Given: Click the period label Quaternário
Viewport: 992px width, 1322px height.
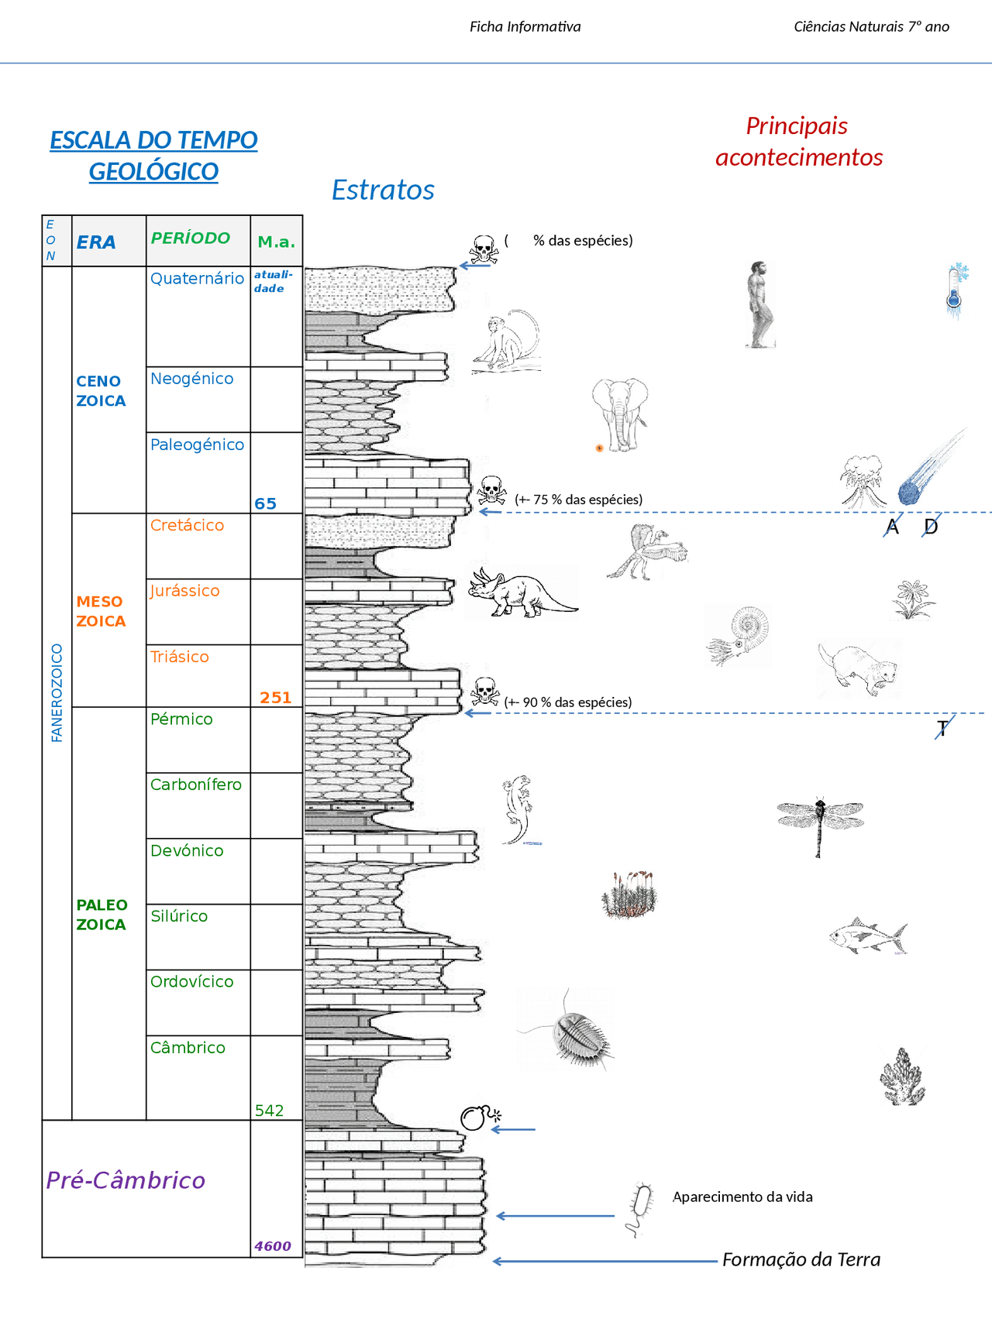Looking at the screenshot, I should tap(197, 279).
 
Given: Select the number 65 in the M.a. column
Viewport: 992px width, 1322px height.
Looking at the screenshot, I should tap(265, 503).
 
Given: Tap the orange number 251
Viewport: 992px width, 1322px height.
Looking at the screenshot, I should tap(275, 698).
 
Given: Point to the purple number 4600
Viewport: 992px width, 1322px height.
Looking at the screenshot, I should tap(273, 1246).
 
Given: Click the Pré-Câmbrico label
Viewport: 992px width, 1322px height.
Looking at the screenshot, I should tap(126, 1180).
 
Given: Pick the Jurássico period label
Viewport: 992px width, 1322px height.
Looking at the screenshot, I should tap(185, 591).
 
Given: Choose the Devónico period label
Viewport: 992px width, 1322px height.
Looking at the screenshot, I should tap(187, 850).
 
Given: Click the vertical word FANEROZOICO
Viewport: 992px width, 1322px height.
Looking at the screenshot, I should tap(57, 693).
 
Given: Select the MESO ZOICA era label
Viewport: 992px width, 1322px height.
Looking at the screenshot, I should tap(100, 611).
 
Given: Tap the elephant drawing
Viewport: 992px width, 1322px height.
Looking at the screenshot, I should tap(620, 414).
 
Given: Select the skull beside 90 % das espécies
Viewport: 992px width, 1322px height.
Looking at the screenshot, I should tap(485, 690).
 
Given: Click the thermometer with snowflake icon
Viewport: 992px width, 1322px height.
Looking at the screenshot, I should tap(956, 290).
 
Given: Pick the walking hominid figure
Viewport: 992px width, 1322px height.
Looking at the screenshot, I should tap(760, 304).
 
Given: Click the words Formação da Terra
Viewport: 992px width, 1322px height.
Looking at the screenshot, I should tap(801, 1259).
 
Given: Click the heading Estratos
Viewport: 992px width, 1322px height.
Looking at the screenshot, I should tap(383, 190).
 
